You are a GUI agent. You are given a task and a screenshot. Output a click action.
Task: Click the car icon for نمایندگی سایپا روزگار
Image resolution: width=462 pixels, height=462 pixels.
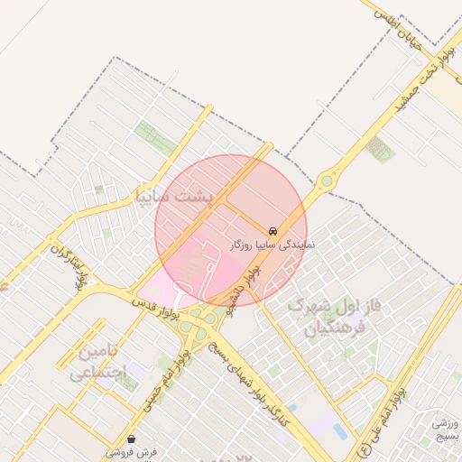click(273, 230)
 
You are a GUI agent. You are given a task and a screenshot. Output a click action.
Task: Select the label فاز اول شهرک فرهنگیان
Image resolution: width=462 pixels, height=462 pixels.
click(334, 319)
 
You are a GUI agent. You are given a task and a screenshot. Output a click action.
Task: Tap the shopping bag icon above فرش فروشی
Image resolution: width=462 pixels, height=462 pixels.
click(133, 439)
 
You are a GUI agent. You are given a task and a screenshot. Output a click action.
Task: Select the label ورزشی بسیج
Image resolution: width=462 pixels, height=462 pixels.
click(445, 429)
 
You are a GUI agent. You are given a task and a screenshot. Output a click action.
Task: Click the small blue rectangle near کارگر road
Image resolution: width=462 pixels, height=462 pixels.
click(340, 432)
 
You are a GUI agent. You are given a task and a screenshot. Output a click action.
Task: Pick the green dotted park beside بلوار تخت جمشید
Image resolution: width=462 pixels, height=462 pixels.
click(380, 151)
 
